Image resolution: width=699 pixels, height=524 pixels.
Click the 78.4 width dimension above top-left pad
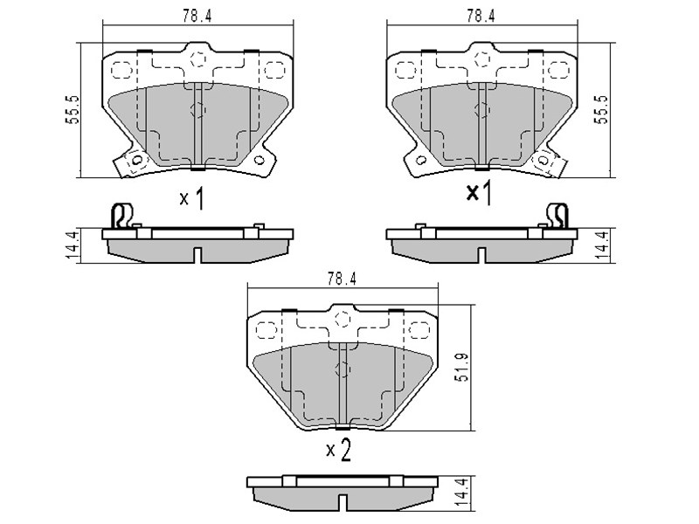[197, 16]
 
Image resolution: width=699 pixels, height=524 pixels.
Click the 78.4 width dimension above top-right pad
[481, 16]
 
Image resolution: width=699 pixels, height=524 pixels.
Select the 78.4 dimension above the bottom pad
[342, 279]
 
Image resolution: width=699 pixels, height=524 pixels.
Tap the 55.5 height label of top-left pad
[73, 109]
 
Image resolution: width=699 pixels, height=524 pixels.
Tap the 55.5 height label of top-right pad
[602, 109]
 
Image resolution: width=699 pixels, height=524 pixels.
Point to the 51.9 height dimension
[462, 367]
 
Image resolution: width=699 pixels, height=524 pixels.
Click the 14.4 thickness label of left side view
[72, 245]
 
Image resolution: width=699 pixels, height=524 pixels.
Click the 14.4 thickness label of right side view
[602, 245]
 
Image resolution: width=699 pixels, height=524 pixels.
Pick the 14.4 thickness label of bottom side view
[462, 493]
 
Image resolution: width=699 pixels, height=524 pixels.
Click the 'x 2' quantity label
[339, 450]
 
